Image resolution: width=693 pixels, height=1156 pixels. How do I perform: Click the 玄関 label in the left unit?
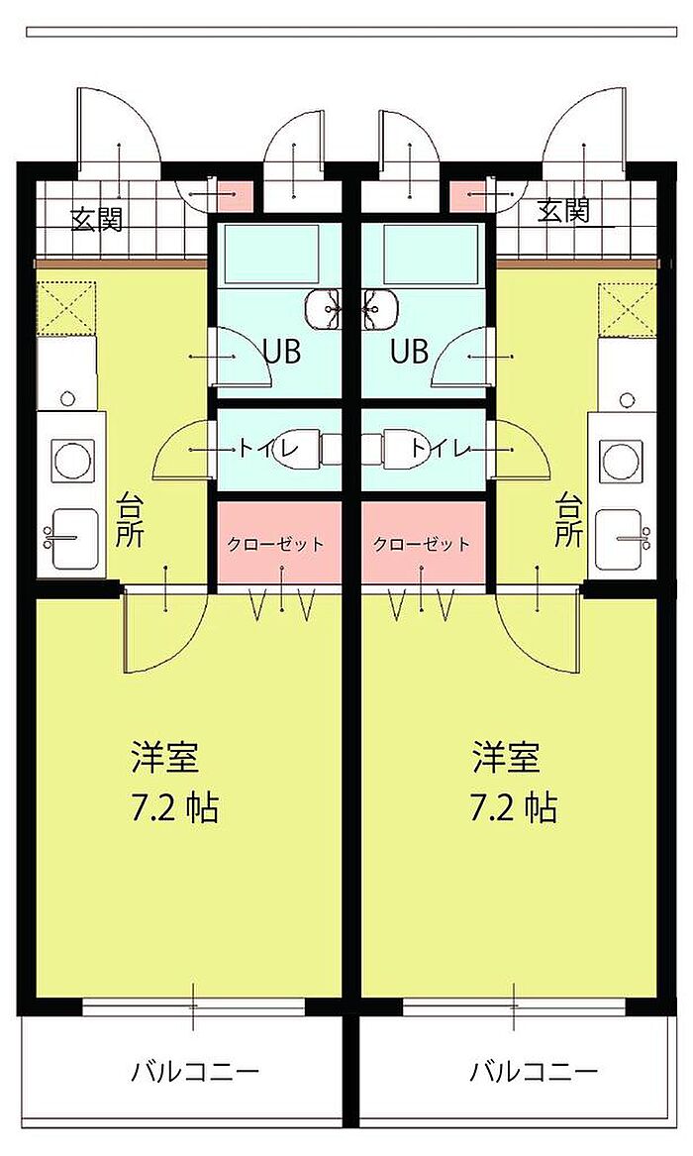click(x=96, y=219)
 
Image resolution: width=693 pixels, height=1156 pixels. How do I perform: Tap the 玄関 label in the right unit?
click(x=564, y=211)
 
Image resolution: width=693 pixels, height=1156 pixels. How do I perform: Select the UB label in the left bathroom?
click(x=282, y=351)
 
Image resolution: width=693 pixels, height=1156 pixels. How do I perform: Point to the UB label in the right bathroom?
click(x=410, y=351)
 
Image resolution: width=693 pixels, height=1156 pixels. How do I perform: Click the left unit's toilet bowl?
click(x=297, y=447)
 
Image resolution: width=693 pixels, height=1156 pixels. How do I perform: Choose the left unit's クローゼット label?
click(x=275, y=545)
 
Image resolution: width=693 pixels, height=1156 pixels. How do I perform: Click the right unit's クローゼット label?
click(x=422, y=545)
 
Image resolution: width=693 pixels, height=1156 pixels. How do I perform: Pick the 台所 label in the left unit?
click(x=130, y=520)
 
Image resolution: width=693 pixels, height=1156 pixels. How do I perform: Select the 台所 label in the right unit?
click(x=568, y=520)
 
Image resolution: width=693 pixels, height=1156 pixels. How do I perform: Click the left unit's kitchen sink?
click(x=73, y=539)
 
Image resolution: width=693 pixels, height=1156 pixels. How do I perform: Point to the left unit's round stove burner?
click(x=71, y=460)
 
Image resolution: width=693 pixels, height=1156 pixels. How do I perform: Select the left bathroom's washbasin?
click(x=324, y=308)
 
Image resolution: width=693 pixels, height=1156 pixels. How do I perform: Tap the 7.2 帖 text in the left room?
click(x=174, y=808)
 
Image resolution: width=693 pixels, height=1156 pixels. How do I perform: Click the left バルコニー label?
click(x=195, y=1071)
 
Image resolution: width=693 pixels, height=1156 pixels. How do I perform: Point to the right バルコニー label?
click(x=534, y=1071)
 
